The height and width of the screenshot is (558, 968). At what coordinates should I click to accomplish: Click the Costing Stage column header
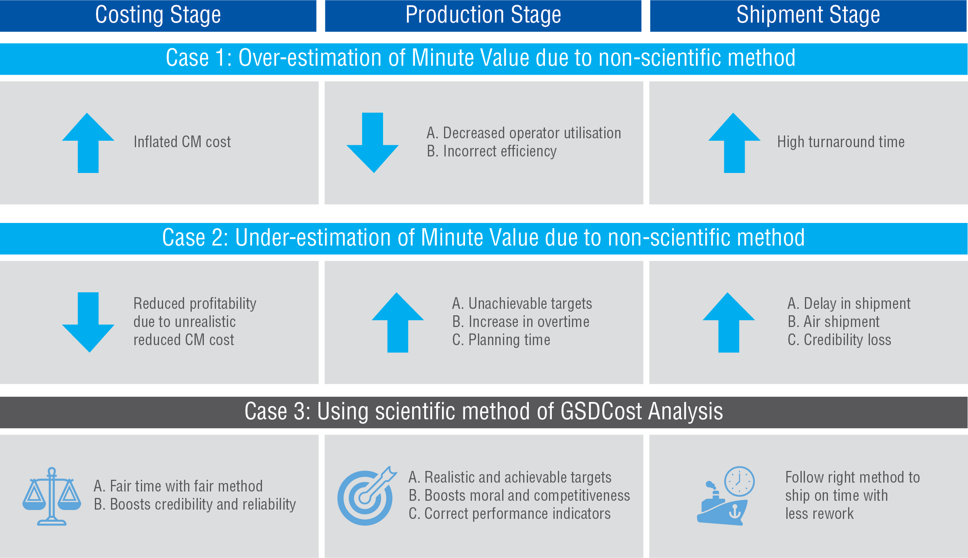[x=158, y=15]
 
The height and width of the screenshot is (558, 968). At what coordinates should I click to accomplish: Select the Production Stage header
[x=483, y=15]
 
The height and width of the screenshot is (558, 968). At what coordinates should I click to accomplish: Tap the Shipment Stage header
[x=808, y=15]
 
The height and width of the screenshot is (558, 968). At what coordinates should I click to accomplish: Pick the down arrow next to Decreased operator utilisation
[x=373, y=143]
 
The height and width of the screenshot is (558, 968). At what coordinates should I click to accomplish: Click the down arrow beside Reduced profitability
[x=88, y=323]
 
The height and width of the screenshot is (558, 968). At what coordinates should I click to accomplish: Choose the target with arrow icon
[x=366, y=497]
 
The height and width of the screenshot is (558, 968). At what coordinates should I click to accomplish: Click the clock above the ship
[x=739, y=481]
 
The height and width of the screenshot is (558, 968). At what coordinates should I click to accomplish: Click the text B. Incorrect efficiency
[x=492, y=151]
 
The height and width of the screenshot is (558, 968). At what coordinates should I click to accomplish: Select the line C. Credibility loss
[x=839, y=340]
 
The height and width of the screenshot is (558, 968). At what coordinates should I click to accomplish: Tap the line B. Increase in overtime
[x=521, y=322]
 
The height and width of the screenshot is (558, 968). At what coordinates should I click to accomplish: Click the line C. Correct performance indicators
[x=509, y=514]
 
